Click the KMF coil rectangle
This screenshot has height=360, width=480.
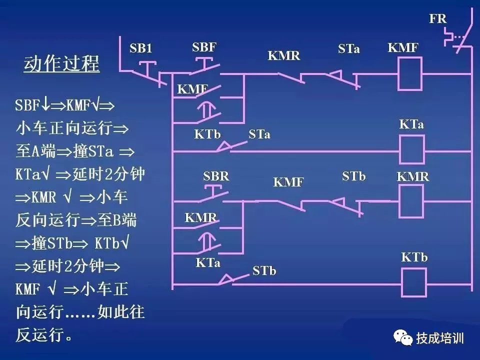click(409, 73)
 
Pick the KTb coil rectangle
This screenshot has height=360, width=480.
click(414, 283)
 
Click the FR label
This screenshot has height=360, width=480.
click(437, 19)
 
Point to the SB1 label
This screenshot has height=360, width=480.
click(140, 48)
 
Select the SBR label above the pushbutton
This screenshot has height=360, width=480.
click(216, 176)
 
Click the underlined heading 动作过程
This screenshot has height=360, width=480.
click(61, 64)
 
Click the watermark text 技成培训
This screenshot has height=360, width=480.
click(440, 338)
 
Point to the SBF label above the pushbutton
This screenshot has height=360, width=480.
click(204, 47)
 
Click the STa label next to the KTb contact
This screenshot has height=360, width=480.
click(259, 134)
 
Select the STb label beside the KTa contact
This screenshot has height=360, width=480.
click(264, 271)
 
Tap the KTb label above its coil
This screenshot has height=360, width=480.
click(414, 257)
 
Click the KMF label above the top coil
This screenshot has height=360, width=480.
click(402, 48)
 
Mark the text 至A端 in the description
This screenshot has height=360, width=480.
click(37, 151)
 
